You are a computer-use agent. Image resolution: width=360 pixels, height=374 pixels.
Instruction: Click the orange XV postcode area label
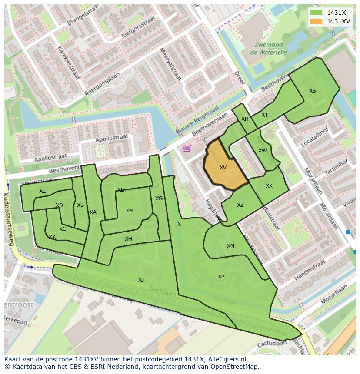[x=223, y=168]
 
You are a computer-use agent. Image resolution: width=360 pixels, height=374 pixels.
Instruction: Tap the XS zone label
[x=313, y=91]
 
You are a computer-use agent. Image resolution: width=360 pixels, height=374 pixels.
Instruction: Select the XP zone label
[x=221, y=277]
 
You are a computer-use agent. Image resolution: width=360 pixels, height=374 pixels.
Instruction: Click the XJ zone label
[x=141, y=280]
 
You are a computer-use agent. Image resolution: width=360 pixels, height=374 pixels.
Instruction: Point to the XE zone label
[x=42, y=191]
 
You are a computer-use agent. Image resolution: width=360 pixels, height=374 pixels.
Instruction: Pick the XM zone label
[x=129, y=211]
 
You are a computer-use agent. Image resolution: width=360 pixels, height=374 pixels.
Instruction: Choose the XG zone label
[x=159, y=199]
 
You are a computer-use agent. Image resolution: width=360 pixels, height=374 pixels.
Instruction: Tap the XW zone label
[x=262, y=151]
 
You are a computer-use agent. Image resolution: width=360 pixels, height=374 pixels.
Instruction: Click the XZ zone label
[x=240, y=205]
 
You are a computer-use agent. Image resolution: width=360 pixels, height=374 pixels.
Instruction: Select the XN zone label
[x=230, y=246]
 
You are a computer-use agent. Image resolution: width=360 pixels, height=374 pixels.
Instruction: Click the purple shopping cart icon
[x=187, y=149]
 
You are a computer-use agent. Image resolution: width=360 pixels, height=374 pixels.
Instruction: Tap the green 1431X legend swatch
[x=316, y=12]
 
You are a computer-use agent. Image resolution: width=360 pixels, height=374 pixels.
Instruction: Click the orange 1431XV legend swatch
[x=316, y=21]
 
